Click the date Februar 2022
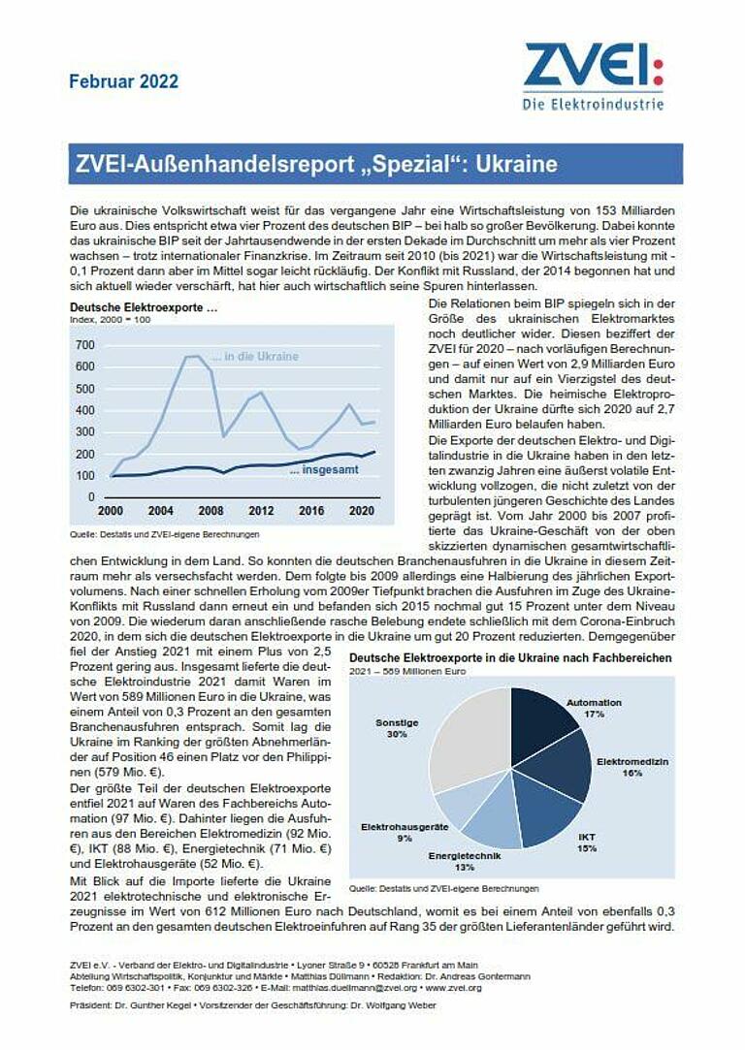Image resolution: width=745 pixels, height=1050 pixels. (x=123, y=81)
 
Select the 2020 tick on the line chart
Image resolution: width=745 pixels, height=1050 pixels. (x=361, y=511)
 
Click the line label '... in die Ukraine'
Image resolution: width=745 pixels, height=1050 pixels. (x=256, y=357)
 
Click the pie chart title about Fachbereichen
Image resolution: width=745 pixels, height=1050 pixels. (x=509, y=658)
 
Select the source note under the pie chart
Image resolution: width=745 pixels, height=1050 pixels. (x=443, y=888)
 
